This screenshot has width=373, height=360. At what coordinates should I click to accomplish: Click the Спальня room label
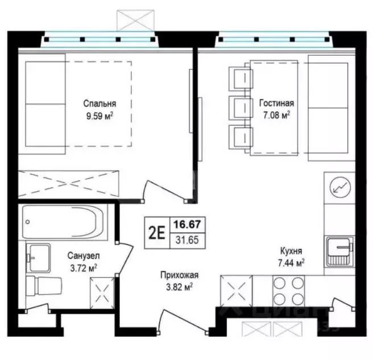(x=100, y=104)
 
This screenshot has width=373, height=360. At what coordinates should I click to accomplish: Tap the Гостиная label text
(x=276, y=103)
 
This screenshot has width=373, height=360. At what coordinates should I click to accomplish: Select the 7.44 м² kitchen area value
(x=291, y=263)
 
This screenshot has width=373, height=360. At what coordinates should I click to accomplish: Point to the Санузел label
(x=84, y=256)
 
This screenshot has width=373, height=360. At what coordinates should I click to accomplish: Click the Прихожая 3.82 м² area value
(x=179, y=287)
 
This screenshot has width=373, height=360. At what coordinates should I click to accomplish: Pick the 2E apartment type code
(x=157, y=233)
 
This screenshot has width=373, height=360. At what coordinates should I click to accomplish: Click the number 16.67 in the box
(x=187, y=225)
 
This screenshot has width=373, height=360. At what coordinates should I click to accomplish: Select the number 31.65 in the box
(x=187, y=240)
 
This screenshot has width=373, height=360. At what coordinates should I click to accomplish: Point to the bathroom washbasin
(x=38, y=258)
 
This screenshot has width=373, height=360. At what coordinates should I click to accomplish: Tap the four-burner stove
(x=288, y=291)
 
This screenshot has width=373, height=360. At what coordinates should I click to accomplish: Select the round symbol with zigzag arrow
(x=340, y=188)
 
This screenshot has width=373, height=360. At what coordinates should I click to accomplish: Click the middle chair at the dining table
(x=241, y=108)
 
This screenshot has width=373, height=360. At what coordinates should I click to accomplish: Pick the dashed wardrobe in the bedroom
(x=68, y=184)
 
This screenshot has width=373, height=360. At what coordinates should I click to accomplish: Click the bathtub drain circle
(x=28, y=222)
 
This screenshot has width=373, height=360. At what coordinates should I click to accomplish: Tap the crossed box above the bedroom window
(x=135, y=20)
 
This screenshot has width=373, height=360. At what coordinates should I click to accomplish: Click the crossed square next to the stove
(x=236, y=291)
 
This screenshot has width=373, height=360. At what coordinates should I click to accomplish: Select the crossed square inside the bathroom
(x=102, y=293)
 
